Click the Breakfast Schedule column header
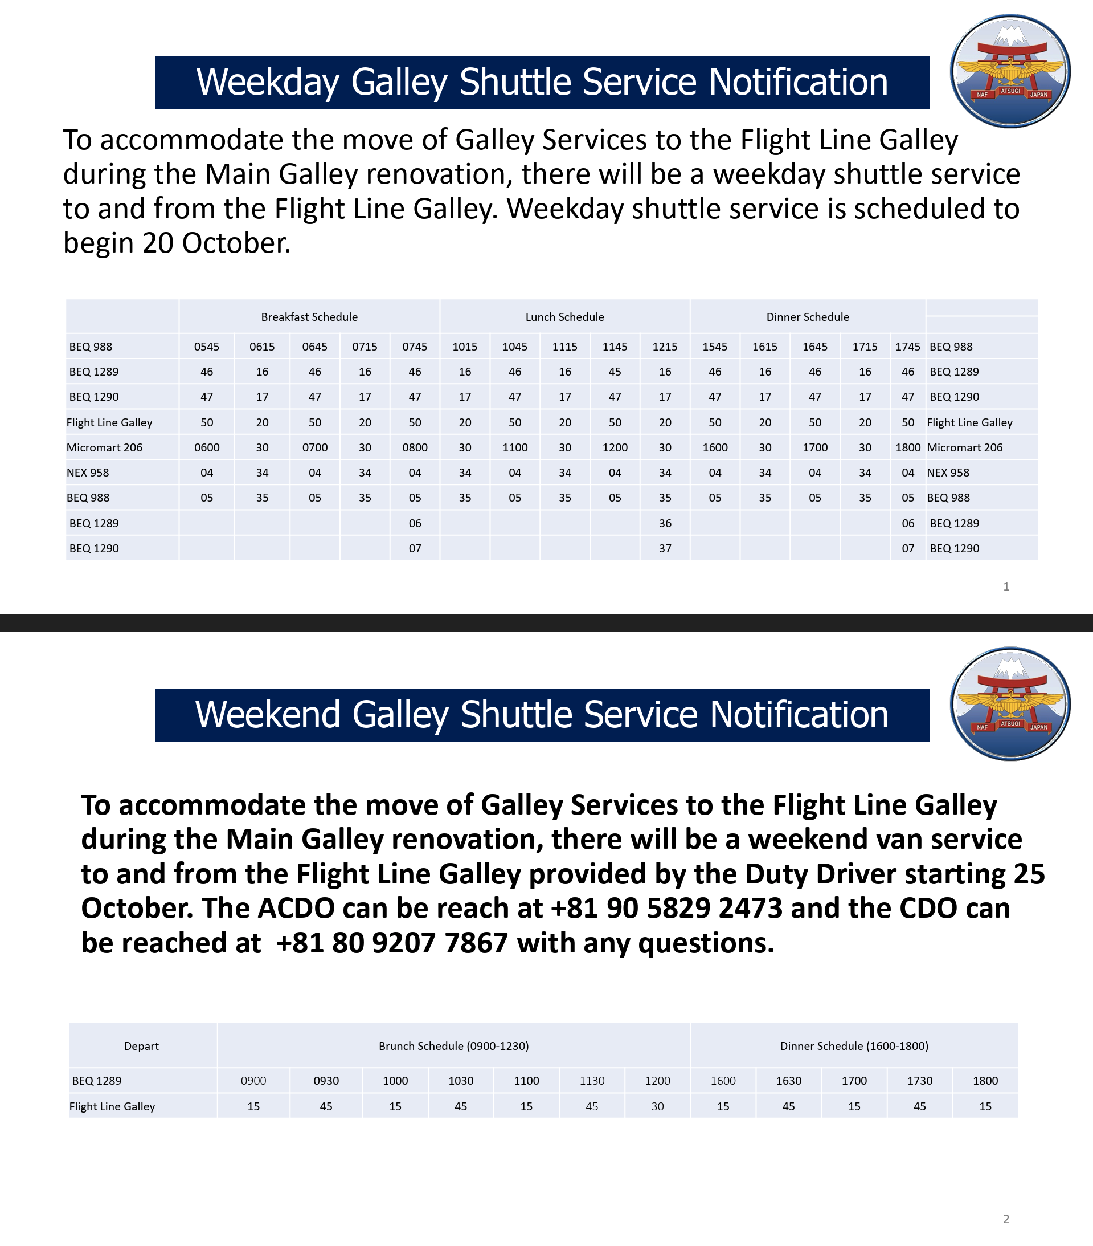[x=309, y=317]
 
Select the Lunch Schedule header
[x=564, y=317]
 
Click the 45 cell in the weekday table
[x=615, y=372]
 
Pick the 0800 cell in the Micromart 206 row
[x=414, y=447]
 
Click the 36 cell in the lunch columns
[x=665, y=523]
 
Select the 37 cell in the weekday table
[x=665, y=548]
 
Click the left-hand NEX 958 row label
[x=88, y=473]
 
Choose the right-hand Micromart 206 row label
[x=964, y=447]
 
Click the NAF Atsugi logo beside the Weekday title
[x=1010, y=71]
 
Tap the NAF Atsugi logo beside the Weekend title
[x=1010, y=703]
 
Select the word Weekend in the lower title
[x=267, y=714]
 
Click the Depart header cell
[x=141, y=1046]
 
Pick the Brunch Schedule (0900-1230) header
[x=453, y=1046]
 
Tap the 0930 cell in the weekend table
[x=326, y=1081]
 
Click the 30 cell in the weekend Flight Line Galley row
[x=657, y=1106]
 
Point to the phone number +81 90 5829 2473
[x=666, y=909]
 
